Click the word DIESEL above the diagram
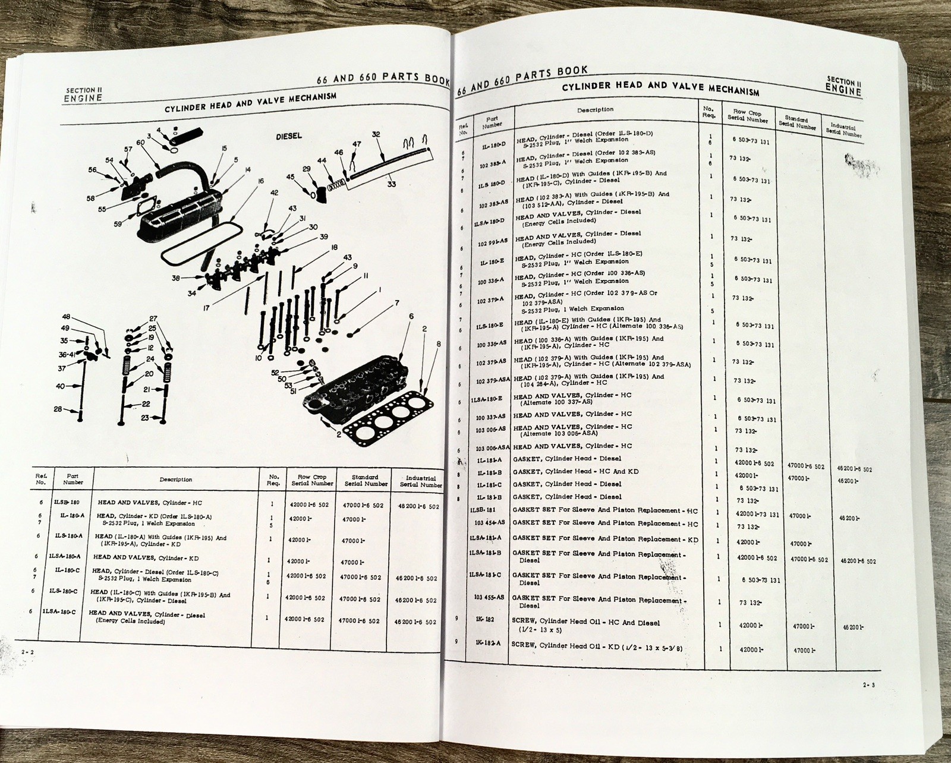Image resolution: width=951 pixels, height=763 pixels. tap(289, 136)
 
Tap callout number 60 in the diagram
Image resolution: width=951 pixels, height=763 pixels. tap(141, 143)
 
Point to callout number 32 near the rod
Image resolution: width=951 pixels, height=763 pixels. tap(376, 135)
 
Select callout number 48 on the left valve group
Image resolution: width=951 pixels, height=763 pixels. tap(65, 317)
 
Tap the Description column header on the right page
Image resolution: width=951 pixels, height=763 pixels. tap(595, 110)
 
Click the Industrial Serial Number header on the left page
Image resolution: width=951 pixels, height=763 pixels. tap(421, 481)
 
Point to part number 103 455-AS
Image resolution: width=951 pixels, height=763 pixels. tap(490, 597)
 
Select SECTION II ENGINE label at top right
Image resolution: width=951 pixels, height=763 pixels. tap(843, 87)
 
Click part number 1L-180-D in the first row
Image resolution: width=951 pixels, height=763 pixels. tap(493, 145)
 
